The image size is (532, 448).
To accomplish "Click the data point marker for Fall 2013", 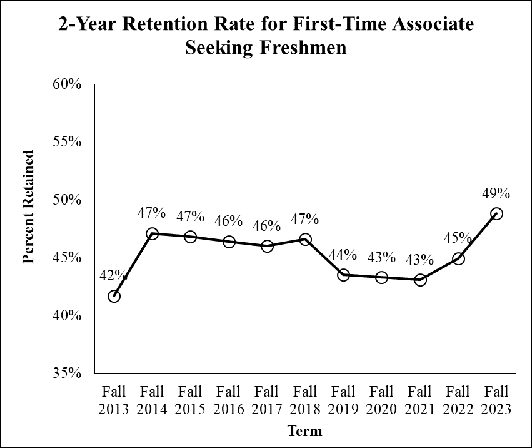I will click(114, 296).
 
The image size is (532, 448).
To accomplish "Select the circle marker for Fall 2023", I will click(496, 213).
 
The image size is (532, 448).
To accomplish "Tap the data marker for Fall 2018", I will click(305, 239).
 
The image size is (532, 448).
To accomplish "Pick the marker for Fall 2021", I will click(420, 280).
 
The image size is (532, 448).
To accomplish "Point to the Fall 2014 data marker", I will click(152, 233).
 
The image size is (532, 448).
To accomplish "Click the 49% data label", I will click(496, 193).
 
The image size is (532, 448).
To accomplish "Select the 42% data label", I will click(113, 275).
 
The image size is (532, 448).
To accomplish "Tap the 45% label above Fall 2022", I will click(458, 238).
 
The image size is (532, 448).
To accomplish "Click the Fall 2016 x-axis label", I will click(228, 400).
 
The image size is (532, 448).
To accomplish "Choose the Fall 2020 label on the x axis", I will click(381, 400).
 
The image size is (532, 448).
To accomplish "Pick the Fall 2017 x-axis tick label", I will click(267, 400).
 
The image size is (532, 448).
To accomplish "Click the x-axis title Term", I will click(305, 431).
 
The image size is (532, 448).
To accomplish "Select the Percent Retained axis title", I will click(28, 206).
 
